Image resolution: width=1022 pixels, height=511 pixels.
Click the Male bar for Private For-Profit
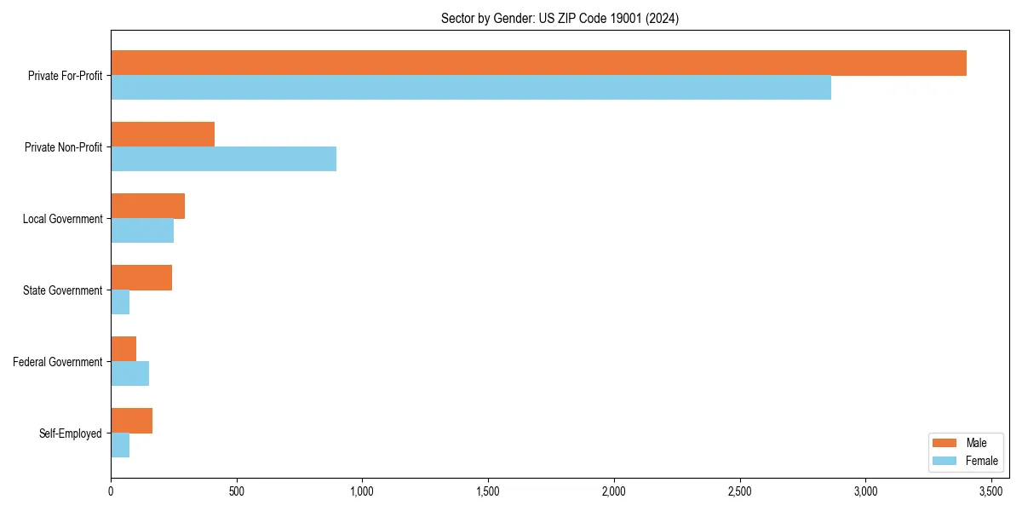[538, 63]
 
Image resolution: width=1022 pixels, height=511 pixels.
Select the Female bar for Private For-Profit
[471, 88]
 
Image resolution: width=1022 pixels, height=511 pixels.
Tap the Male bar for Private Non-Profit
[163, 135]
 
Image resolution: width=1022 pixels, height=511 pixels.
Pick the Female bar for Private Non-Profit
[223, 159]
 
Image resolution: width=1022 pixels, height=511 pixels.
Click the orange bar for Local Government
[147, 206]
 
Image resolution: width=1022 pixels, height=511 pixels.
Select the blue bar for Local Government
[142, 231]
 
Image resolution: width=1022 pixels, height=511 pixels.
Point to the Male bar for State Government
[141, 278]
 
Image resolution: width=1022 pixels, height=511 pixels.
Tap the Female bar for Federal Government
[129, 374]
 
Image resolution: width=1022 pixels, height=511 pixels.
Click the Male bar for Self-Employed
[131, 421]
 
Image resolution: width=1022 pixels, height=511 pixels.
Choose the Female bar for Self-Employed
[120, 445]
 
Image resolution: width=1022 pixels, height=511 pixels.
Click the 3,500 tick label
[990, 491]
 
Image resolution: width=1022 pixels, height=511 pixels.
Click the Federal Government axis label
[58, 362]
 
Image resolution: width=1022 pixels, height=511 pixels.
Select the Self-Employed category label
[71, 433]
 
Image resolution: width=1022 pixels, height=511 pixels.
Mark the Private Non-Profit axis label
[63, 147]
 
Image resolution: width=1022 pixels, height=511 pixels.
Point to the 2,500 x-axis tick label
[739, 491]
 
